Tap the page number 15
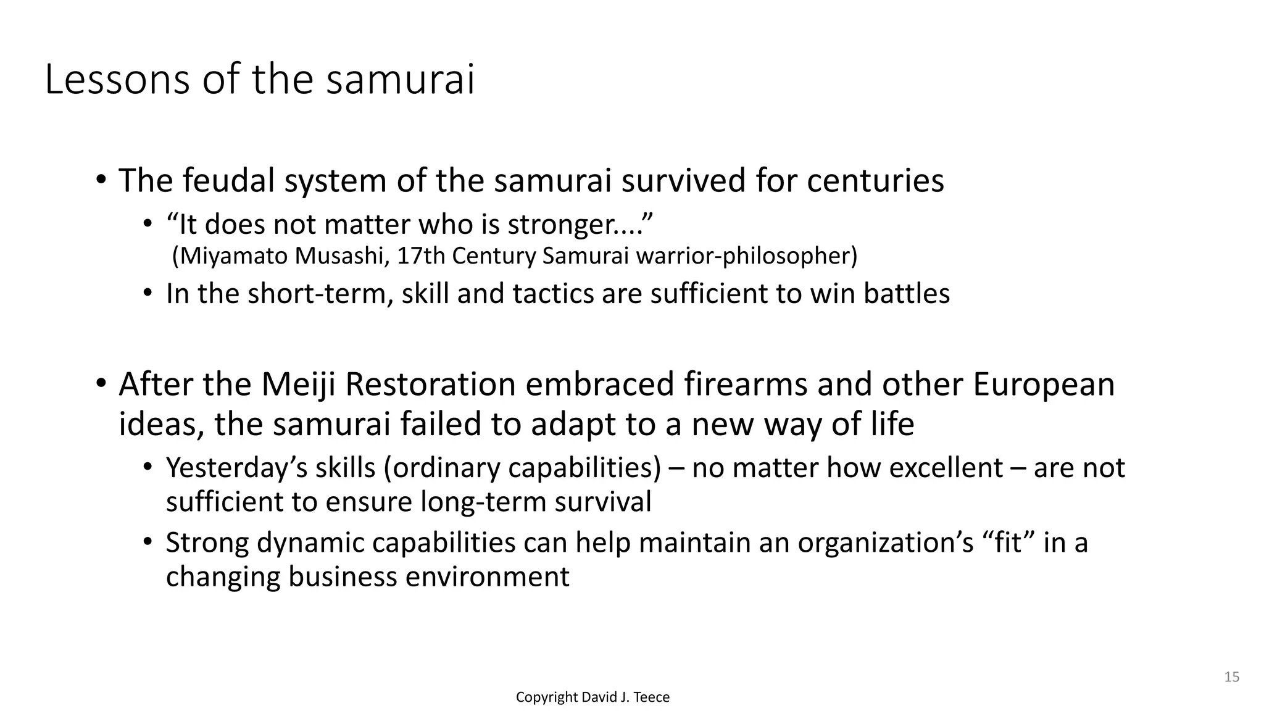click(x=1232, y=677)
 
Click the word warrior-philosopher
click(x=746, y=256)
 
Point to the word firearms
click(x=746, y=385)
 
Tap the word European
click(x=1044, y=385)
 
